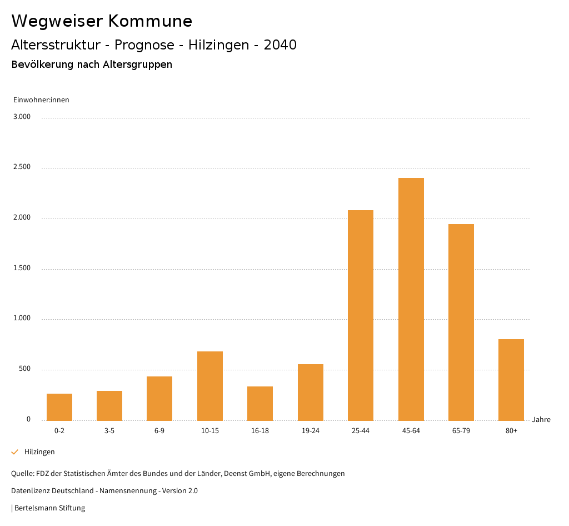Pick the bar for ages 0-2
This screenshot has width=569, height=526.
point(59,407)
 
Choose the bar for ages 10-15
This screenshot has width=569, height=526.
point(210,386)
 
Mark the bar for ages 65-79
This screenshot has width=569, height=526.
point(461,322)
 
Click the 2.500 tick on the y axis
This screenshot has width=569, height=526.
point(22,167)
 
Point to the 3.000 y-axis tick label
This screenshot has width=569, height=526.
point(22,117)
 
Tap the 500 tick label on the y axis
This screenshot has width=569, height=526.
point(24,369)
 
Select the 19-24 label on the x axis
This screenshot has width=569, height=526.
point(311,431)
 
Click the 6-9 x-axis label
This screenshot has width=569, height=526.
point(159,431)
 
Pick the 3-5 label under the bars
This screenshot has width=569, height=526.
point(109,431)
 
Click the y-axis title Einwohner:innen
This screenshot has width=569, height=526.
point(41,100)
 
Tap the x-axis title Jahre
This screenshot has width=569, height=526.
point(541,420)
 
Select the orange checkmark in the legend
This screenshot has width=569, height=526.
point(15,452)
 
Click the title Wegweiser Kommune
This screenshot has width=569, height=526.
point(102,21)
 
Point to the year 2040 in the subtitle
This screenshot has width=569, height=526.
point(280,45)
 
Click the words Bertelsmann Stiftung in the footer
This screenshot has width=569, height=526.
point(50,508)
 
